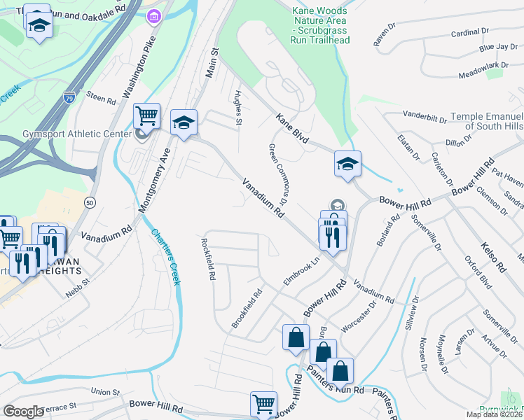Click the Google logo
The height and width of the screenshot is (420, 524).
click(x=23, y=412)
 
